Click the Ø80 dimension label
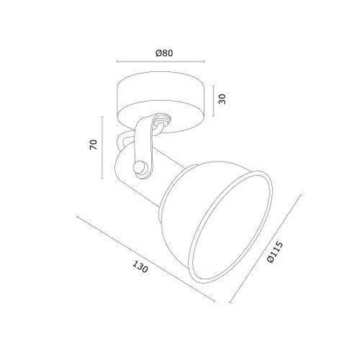(164, 53)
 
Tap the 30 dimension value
(222, 99)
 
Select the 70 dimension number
(94, 144)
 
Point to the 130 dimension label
(140, 266)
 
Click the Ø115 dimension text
(274, 252)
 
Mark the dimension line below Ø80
(161, 62)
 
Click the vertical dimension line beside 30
(214, 101)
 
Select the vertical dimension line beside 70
(102, 147)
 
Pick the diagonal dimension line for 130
(146, 258)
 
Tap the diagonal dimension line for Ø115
(266, 249)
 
